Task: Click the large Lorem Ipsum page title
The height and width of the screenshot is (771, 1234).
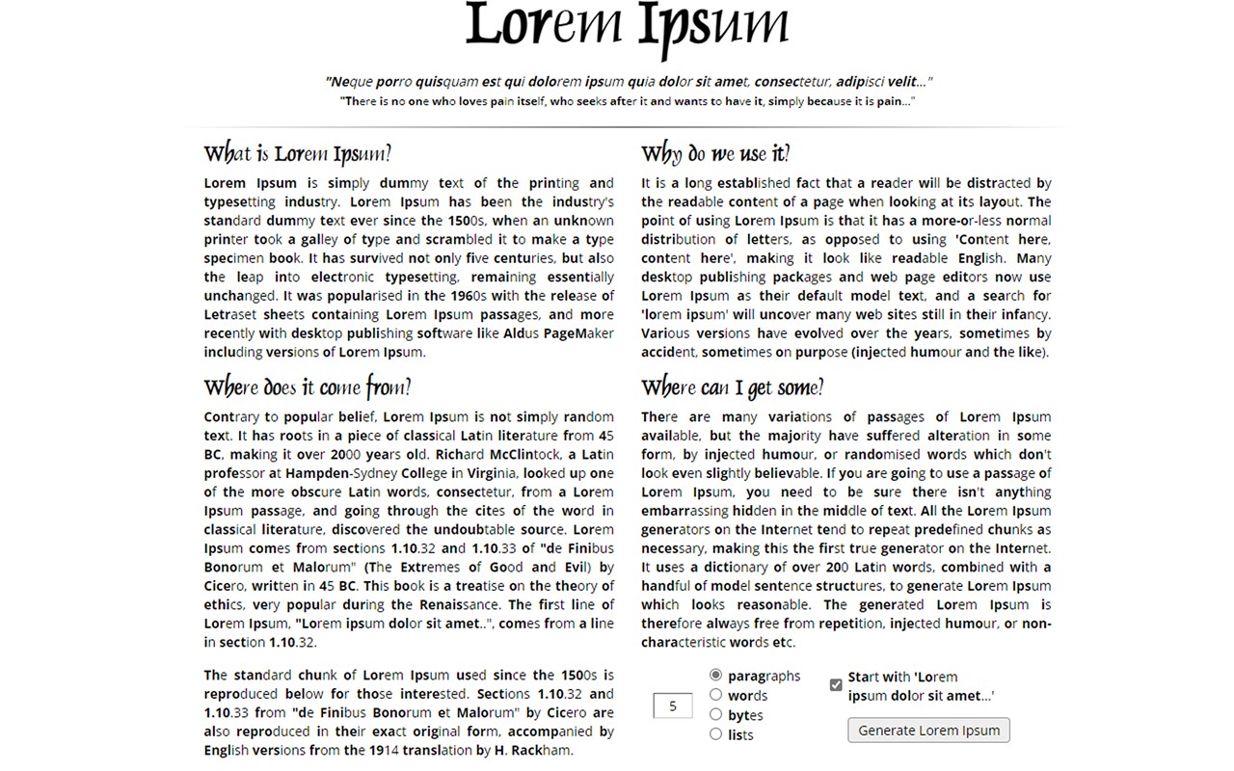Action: [x=627, y=29]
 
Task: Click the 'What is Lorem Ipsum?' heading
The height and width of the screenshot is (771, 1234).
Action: [x=298, y=154]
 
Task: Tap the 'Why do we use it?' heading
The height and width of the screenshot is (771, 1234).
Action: [x=715, y=154]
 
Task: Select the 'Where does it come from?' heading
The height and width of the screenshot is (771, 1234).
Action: [x=308, y=387]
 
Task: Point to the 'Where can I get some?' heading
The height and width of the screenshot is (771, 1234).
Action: [x=733, y=387]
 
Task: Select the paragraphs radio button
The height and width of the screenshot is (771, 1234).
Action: [x=715, y=676]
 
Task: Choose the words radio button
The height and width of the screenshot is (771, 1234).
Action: [x=715, y=695]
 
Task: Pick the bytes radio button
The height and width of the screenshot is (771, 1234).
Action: [x=715, y=714]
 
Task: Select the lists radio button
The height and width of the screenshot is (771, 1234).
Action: [x=715, y=734]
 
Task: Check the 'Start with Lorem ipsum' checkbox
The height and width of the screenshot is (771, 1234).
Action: [x=836, y=685]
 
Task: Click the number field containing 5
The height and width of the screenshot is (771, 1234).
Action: [x=673, y=705]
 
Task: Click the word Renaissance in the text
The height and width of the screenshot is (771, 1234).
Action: [x=460, y=605]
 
